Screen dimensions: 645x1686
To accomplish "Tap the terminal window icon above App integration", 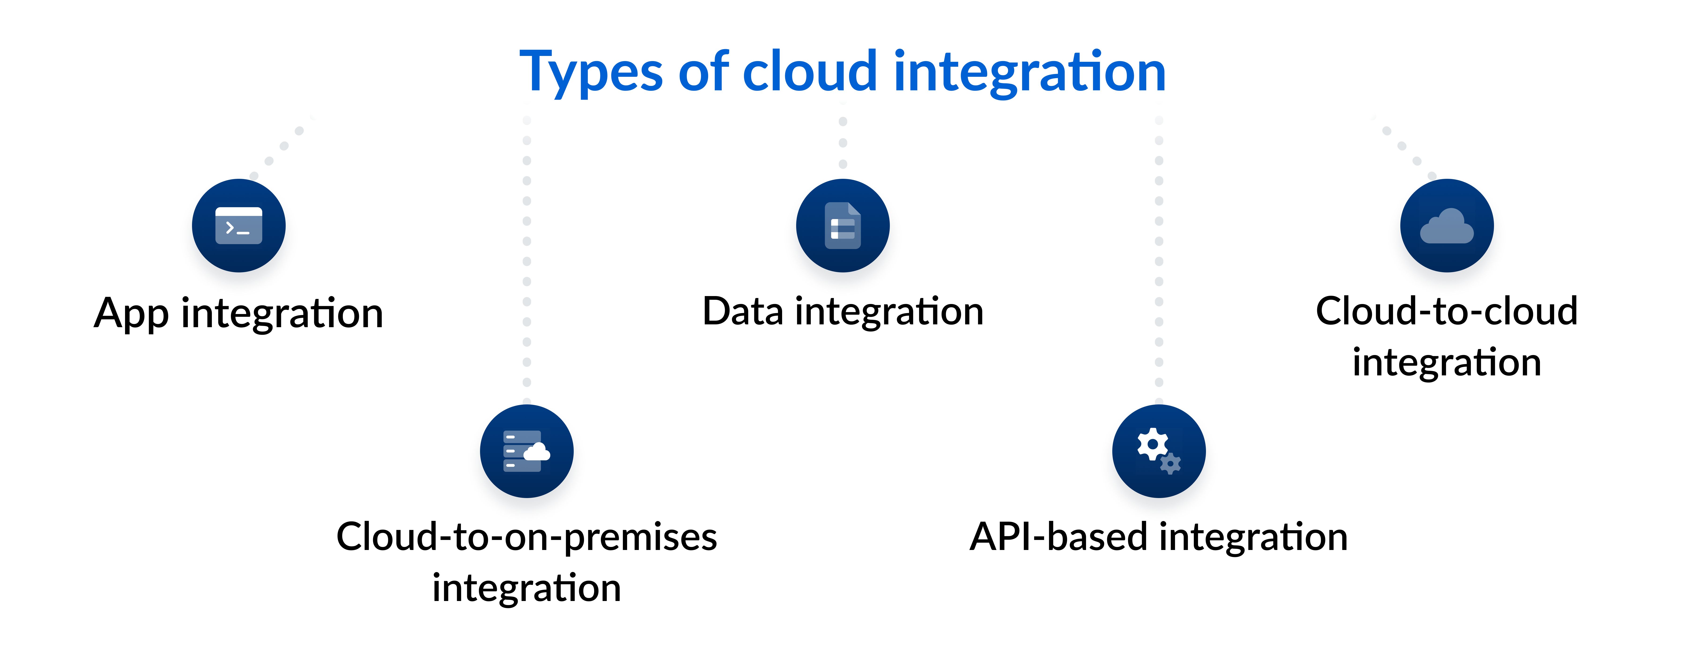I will point(239,226).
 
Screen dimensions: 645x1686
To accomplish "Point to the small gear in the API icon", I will point(1170,464).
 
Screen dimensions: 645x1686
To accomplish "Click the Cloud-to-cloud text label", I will point(1446,311).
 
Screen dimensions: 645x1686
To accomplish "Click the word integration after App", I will point(282,314).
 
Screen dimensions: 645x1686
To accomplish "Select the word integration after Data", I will point(889,311).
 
